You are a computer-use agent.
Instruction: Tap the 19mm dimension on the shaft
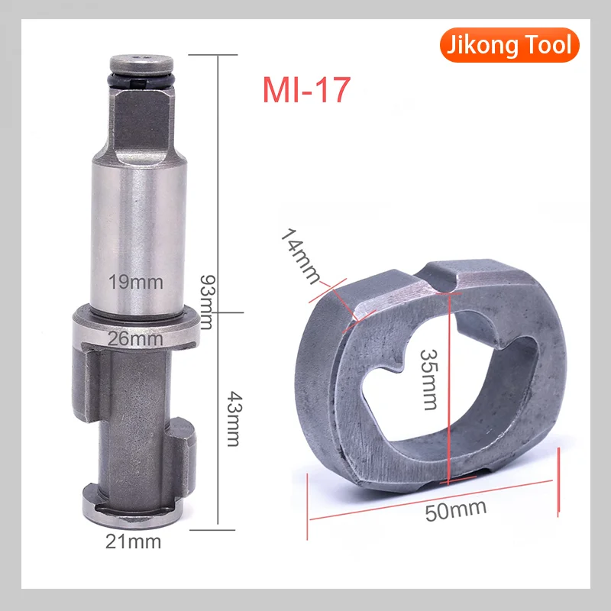[x=137, y=282]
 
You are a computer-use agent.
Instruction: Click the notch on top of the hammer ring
[x=445, y=280]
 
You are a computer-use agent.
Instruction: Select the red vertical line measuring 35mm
[x=449, y=382]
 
